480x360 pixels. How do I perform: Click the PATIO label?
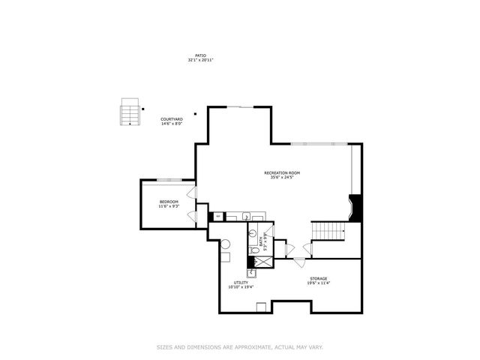[x=200, y=55]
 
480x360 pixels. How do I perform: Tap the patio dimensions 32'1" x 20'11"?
[x=200, y=59]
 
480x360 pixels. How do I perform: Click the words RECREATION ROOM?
[x=282, y=173]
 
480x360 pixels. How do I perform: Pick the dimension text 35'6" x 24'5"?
[x=282, y=178]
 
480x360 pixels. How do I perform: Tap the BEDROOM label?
[x=169, y=202]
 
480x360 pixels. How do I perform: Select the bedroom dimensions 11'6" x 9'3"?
[x=169, y=206]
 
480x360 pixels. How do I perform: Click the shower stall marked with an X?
[x=263, y=262]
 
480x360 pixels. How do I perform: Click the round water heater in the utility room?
[x=224, y=244]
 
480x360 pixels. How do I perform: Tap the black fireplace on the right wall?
[x=356, y=207]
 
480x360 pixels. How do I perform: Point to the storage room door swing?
[x=298, y=262]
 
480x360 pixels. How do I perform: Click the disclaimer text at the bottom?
[x=239, y=346]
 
